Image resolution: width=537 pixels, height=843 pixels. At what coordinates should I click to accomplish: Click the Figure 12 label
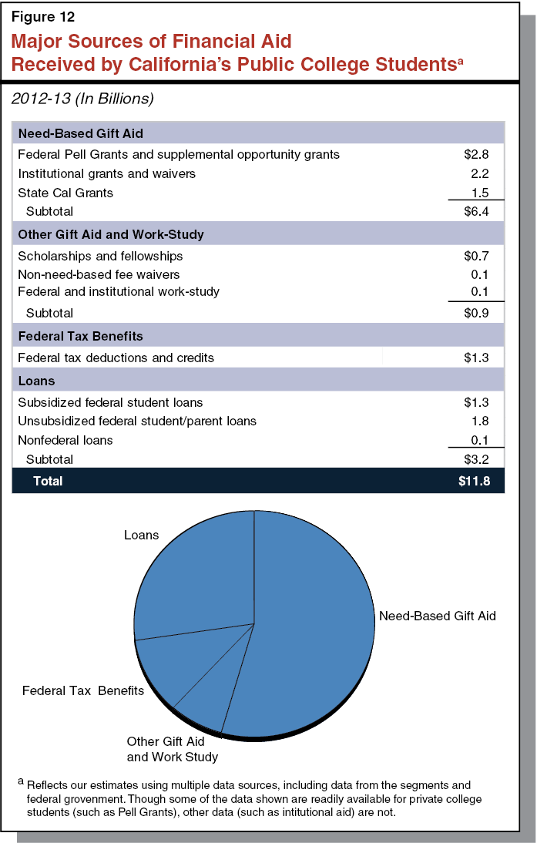coord(42,15)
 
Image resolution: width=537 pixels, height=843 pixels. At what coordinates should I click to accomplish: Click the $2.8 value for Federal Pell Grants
coord(475,154)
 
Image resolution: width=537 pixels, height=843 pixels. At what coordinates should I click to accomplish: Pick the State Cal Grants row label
coord(65,193)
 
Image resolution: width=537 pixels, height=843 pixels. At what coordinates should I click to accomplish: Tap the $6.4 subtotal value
coord(475,211)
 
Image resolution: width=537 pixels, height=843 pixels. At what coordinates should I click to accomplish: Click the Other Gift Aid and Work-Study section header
coord(111,233)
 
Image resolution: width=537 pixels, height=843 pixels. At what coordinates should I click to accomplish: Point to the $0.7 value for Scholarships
coord(475,256)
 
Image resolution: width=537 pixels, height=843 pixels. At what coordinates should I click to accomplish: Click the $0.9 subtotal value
coord(475,313)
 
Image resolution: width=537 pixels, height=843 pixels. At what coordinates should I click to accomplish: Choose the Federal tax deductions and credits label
coord(116,358)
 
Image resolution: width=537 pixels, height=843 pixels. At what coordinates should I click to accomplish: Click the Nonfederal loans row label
coord(65,440)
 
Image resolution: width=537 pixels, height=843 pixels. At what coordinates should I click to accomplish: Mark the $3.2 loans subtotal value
coord(475,459)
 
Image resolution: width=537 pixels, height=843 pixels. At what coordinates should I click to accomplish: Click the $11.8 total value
coord(472,481)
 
